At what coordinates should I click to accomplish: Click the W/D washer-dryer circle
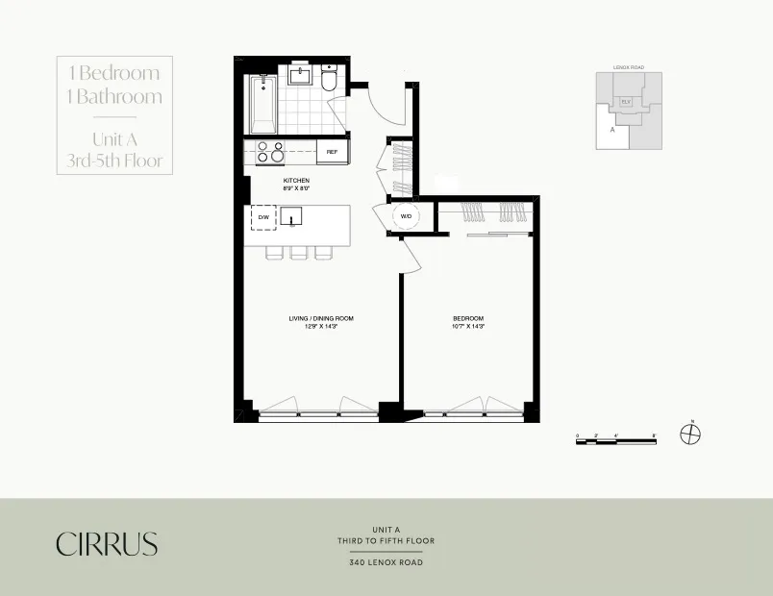click(x=405, y=216)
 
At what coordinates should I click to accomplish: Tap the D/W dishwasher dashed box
click(x=262, y=218)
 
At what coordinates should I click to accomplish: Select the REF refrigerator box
click(x=332, y=152)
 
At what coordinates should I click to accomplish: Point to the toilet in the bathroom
click(x=330, y=80)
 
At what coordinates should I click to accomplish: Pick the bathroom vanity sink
click(x=300, y=74)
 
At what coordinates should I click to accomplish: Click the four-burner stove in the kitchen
click(x=269, y=152)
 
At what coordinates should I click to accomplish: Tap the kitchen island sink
click(x=292, y=217)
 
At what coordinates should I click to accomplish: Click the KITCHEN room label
click(x=295, y=181)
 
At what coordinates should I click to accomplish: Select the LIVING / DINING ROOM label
click(x=313, y=318)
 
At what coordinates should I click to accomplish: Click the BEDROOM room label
click(x=468, y=318)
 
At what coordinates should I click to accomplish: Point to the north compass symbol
click(x=690, y=434)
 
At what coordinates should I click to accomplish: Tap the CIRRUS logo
click(x=106, y=543)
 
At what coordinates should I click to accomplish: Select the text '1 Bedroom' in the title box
click(x=114, y=73)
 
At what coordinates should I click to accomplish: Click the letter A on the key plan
click(x=611, y=126)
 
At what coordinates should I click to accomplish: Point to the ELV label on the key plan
click(x=625, y=100)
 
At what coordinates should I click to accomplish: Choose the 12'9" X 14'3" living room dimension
click(x=313, y=327)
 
